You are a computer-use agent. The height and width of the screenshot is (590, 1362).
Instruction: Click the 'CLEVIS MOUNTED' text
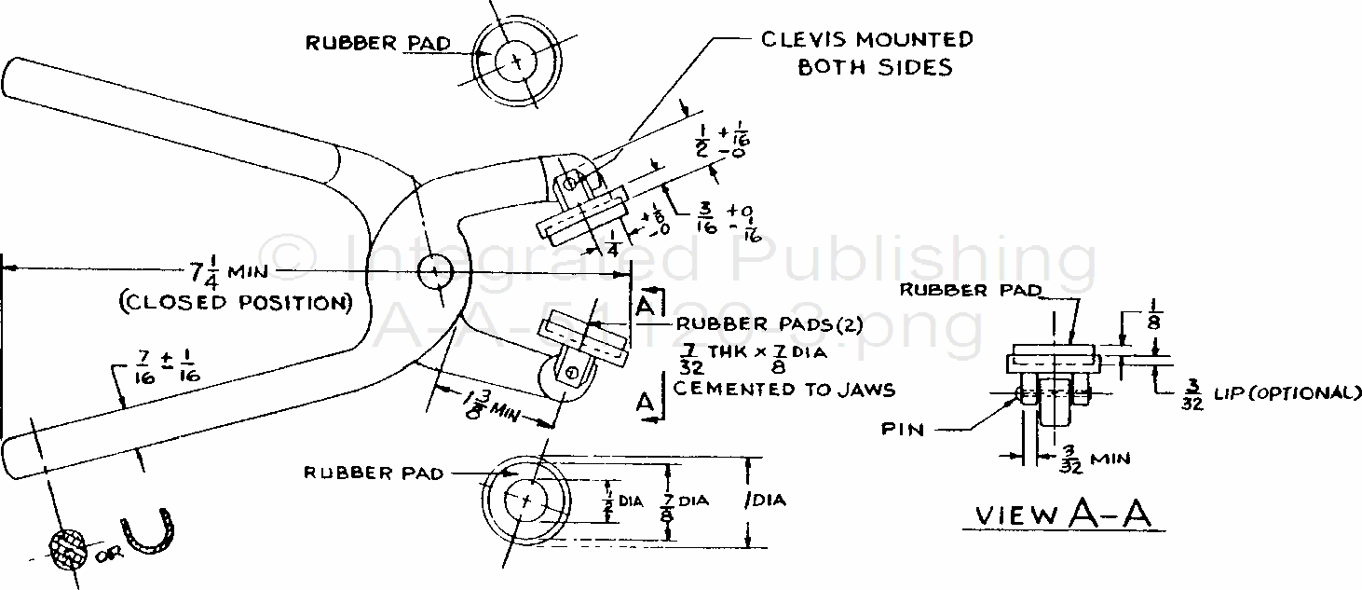(867, 39)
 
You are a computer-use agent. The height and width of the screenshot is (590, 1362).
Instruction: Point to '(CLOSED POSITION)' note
(235, 303)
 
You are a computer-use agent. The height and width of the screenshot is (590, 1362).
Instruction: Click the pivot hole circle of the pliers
(435, 272)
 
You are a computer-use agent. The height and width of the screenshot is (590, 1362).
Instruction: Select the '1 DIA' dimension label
(765, 501)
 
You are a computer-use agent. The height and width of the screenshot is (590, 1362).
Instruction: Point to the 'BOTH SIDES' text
(875, 67)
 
